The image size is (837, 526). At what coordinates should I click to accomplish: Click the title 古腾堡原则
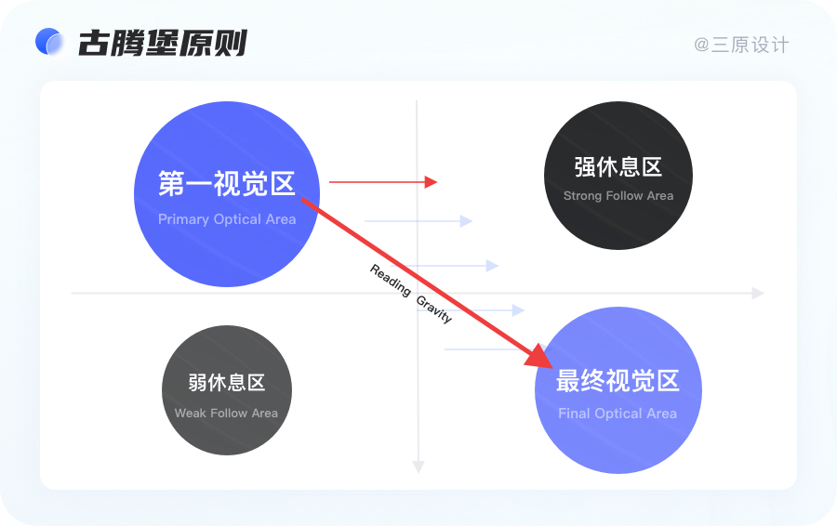pos(163,43)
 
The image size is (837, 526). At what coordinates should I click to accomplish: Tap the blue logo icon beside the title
pos(48,42)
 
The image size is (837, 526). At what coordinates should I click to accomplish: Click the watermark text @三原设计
pos(741,45)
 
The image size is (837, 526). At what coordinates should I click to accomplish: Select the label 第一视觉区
pos(227,184)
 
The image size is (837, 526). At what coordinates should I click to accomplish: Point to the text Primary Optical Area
pos(227,220)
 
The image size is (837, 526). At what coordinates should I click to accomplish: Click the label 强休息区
pos(618,167)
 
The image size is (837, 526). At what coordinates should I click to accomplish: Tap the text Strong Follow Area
pos(618,196)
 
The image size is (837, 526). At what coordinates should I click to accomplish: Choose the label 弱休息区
pos(227,383)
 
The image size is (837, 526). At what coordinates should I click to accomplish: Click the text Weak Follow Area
pos(226,414)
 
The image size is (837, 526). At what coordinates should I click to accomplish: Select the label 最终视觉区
pos(618,381)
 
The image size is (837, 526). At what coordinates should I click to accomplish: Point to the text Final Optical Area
pos(618,414)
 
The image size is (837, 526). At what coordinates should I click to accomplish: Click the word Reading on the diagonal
pos(391,280)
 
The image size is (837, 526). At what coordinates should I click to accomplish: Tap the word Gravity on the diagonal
pos(434,309)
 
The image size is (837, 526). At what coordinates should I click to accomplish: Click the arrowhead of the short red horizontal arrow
pos(431,182)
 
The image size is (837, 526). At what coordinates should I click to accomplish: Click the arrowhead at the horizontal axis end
pos(758,293)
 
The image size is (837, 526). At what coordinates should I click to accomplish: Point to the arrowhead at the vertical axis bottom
pos(418,467)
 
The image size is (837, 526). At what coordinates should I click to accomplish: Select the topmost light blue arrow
pos(418,221)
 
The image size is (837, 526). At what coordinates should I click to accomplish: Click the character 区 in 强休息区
pos(652,167)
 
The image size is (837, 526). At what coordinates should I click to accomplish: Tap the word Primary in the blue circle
pos(183,220)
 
